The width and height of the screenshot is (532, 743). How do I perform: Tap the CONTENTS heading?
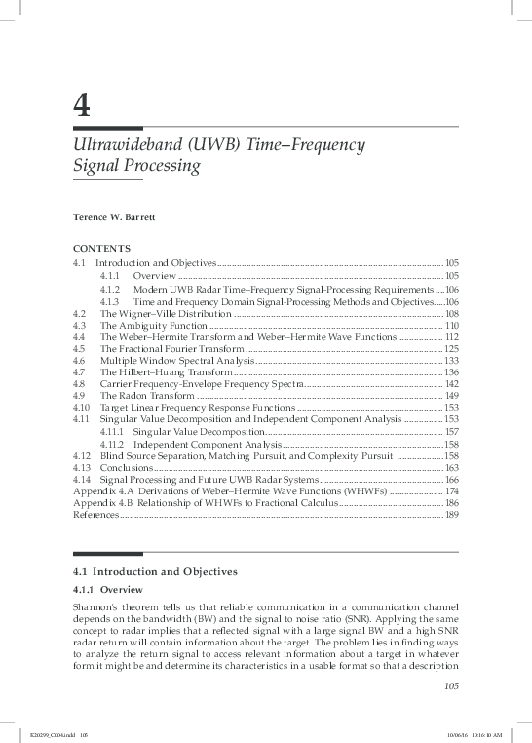(x=101, y=250)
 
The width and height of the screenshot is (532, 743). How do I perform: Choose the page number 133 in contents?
(x=451, y=361)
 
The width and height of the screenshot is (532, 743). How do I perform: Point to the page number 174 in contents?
(x=451, y=491)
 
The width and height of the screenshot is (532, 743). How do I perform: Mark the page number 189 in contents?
(x=451, y=515)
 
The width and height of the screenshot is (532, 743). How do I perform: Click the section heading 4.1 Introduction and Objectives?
(x=156, y=570)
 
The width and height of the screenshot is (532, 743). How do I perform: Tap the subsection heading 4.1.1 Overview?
(x=108, y=591)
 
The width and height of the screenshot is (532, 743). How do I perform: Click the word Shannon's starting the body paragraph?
(x=95, y=606)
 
